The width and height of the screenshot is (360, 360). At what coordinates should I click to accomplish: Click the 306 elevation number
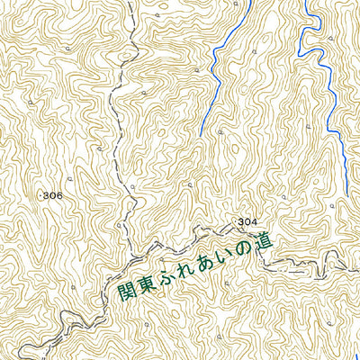click(52, 195)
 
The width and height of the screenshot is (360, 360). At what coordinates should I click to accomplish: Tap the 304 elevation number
click(249, 221)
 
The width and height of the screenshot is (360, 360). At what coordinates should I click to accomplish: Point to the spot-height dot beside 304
click(237, 221)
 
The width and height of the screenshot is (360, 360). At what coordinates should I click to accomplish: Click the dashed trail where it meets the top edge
click(129, 3)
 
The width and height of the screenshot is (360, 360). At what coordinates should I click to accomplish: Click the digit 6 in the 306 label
click(59, 195)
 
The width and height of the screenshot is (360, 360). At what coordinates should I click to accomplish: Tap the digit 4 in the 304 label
click(256, 221)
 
